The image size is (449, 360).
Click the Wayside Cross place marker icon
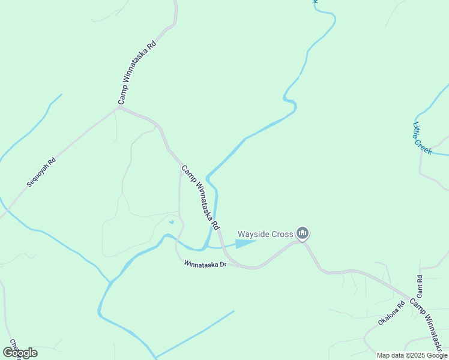point(303,233)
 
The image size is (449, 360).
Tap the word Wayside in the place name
point(255,234)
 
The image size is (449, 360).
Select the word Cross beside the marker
point(282,234)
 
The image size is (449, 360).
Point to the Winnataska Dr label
point(205,263)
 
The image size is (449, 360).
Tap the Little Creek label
point(423,139)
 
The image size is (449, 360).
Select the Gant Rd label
point(420,286)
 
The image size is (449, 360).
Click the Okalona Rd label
point(391,312)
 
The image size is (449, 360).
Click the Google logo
point(20,353)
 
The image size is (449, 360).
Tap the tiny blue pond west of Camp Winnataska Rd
point(172,222)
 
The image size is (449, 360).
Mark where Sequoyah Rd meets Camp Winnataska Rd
point(118,109)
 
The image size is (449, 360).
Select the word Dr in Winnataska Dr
point(222,265)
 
